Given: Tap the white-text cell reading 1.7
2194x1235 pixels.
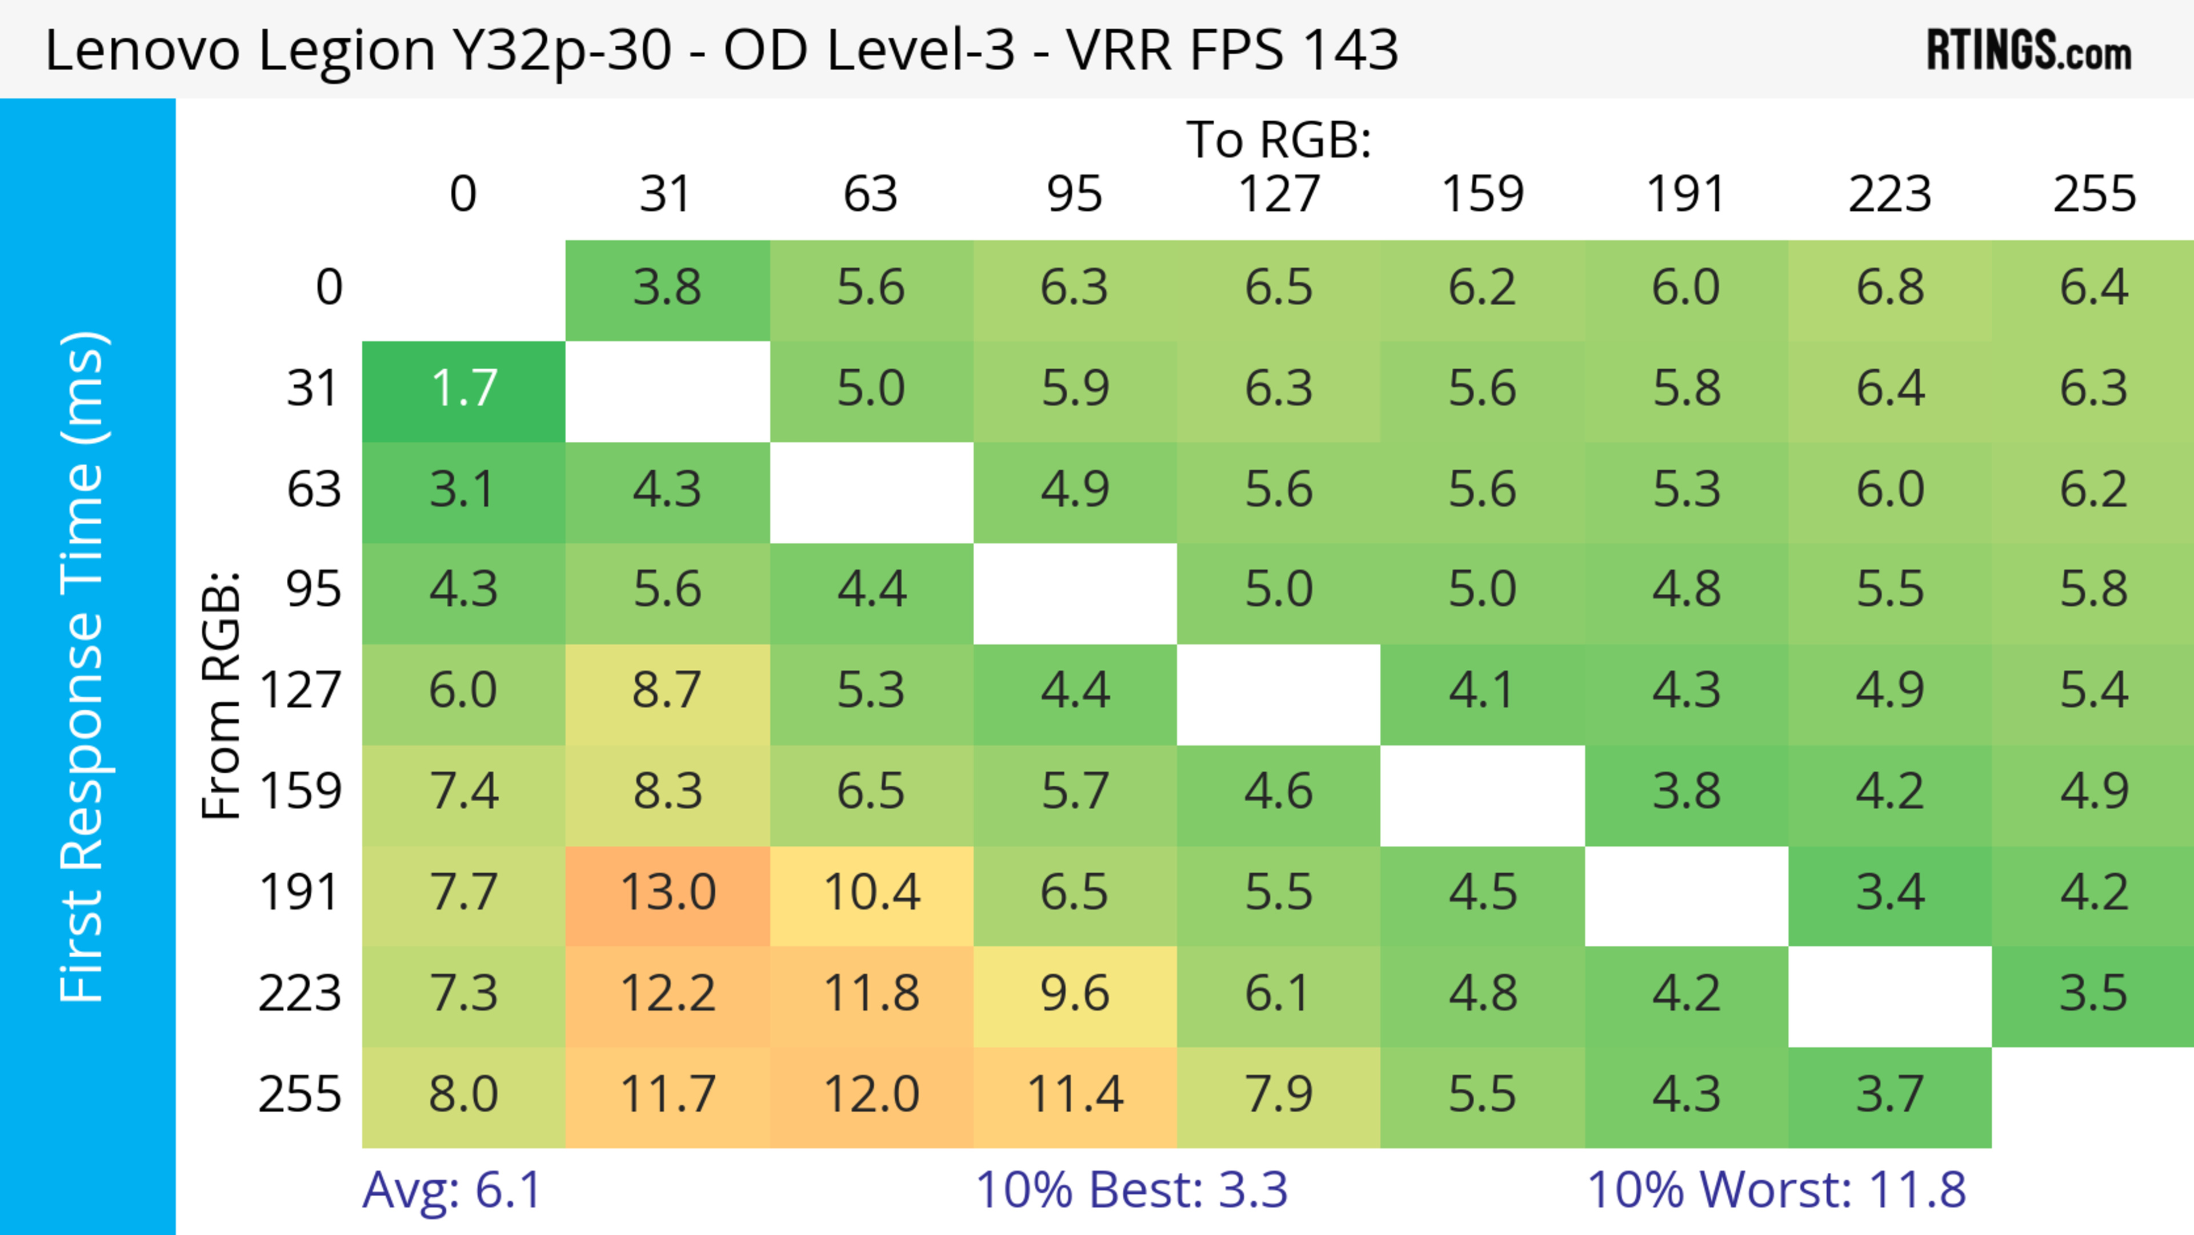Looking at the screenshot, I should coord(463,389).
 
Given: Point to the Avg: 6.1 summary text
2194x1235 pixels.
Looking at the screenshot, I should coord(451,1190).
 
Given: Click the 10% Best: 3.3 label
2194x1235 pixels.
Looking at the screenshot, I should coord(1131,1190).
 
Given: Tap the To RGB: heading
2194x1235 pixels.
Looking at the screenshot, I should coord(1279,139).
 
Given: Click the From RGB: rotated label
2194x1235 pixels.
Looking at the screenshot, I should coord(222,695).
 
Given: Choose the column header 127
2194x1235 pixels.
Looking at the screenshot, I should coord(1279,194).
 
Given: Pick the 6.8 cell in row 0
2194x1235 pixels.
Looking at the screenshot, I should coord(1890,287).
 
